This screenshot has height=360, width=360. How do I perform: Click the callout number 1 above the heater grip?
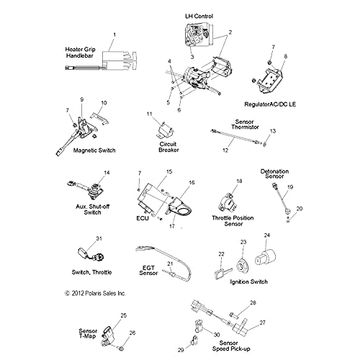point(114,35)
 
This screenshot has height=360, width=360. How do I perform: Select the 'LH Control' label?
point(199,17)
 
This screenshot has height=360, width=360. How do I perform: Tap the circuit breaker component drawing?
point(165,131)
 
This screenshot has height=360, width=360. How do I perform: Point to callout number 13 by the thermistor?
point(273,131)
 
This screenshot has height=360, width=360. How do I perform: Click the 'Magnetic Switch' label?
point(94,150)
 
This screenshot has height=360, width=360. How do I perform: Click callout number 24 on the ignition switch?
point(267,235)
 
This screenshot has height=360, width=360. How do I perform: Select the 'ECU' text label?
point(143,218)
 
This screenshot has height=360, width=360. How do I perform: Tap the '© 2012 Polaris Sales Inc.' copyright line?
point(95,293)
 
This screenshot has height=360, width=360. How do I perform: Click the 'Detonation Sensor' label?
point(274,174)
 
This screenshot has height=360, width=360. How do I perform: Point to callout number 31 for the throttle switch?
point(99,238)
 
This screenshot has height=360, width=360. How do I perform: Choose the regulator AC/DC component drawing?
point(269,79)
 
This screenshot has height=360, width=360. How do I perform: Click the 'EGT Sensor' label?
point(148,271)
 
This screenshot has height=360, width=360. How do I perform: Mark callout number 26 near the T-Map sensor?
point(132,333)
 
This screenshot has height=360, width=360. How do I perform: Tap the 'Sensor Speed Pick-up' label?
point(231,346)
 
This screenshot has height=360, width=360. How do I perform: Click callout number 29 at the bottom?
point(181,350)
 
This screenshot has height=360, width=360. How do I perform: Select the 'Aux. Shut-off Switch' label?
point(93,210)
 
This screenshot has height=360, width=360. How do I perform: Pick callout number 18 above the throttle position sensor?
point(239,181)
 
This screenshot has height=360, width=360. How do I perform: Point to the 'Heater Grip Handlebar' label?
point(80,53)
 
